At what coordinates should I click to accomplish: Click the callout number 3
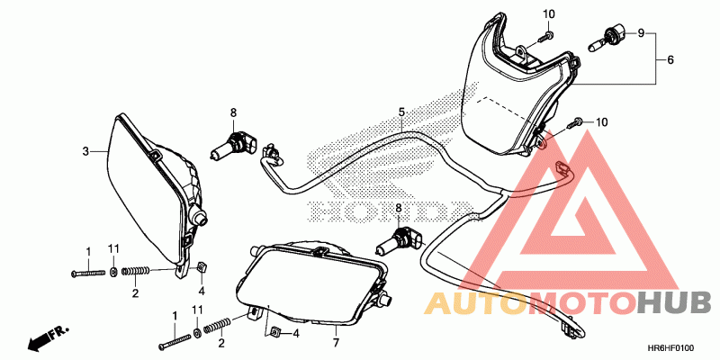pos(85,151)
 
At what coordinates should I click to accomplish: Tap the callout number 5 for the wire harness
pos(402,112)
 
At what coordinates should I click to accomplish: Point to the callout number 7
pos(335,343)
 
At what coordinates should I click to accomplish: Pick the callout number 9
pos(641,33)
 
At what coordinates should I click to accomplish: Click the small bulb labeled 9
pos(607,38)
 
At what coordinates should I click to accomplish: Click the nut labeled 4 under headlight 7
pos(277,333)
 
